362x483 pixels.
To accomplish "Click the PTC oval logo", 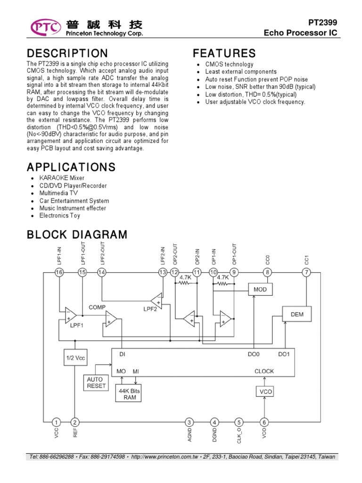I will click(x=46, y=27).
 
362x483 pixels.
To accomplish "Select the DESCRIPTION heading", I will click(x=67, y=53).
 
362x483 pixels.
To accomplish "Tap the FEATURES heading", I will click(x=224, y=53).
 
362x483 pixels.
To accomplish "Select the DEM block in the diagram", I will click(x=297, y=314).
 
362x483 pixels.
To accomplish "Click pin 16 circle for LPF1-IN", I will click(x=59, y=272).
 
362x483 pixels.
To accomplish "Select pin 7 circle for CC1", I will click(x=306, y=272).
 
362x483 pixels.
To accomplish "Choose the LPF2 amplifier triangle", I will click(x=156, y=300).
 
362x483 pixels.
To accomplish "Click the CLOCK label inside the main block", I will click(x=264, y=371).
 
